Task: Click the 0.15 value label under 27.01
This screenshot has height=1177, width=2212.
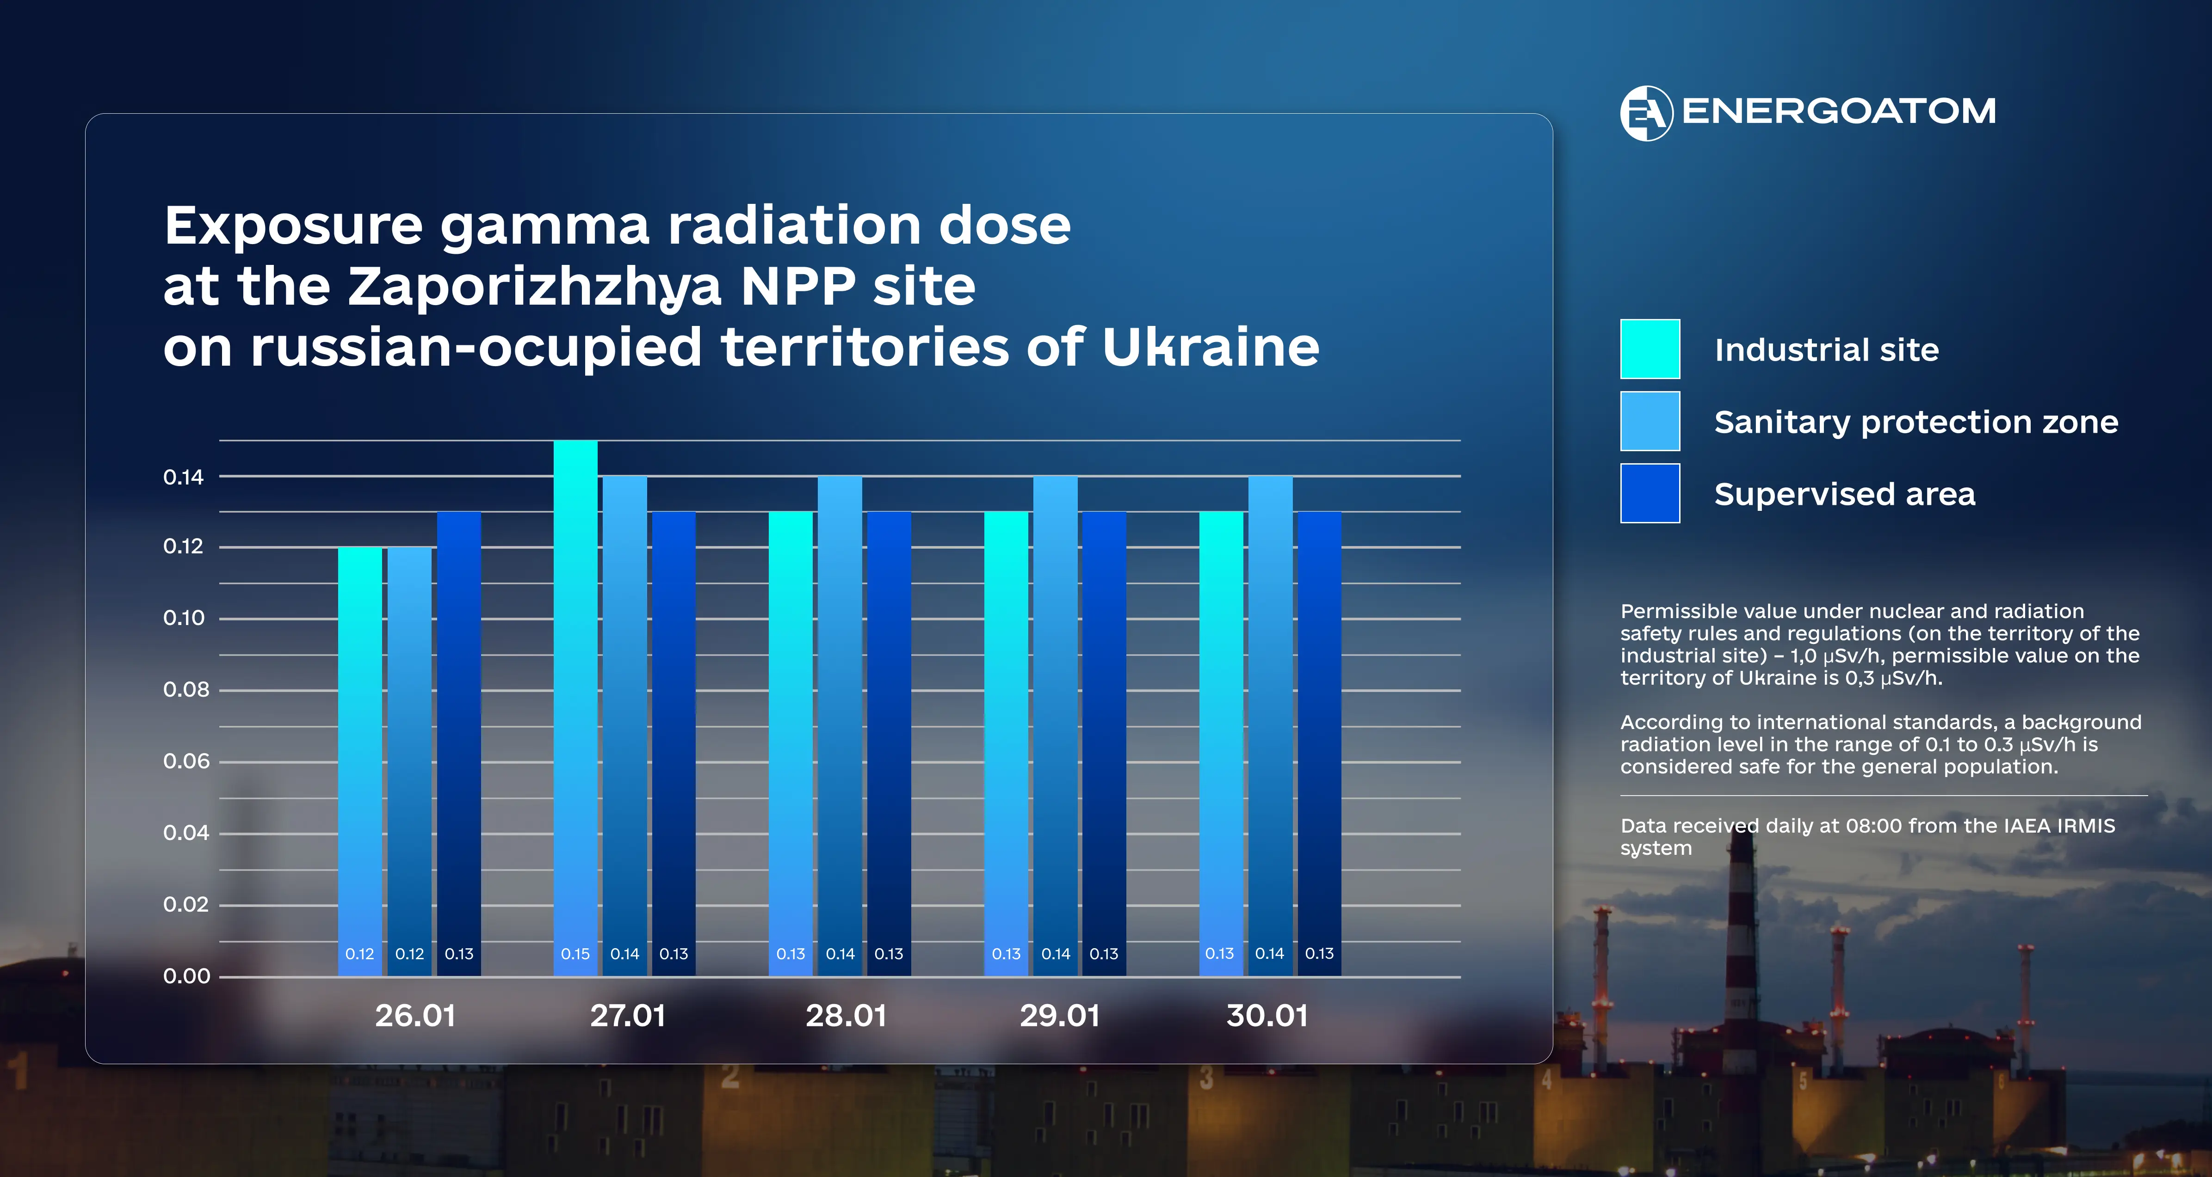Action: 575,954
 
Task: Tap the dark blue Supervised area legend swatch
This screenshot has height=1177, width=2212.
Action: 1650,494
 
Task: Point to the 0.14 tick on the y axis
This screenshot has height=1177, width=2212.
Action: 184,478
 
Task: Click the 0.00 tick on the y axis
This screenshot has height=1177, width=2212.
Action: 186,976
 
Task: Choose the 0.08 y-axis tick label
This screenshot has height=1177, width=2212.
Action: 185,689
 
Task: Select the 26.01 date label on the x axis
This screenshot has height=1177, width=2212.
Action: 415,1016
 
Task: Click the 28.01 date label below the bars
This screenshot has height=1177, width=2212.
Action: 846,1016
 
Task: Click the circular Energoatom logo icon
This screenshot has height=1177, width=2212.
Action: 1646,112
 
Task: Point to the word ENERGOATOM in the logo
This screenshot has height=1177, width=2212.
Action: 1838,111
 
